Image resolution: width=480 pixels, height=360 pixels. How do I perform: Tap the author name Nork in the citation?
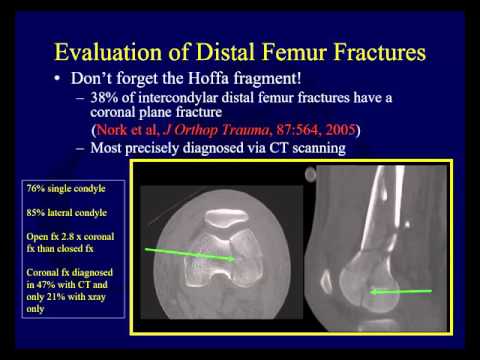tap(147, 130)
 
